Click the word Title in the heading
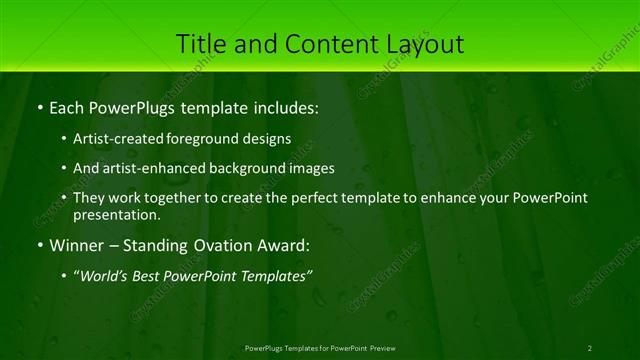click(200, 44)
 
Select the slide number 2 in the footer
click(589, 348)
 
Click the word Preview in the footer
click(380, 348)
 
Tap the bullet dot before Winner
click(39, 244)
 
